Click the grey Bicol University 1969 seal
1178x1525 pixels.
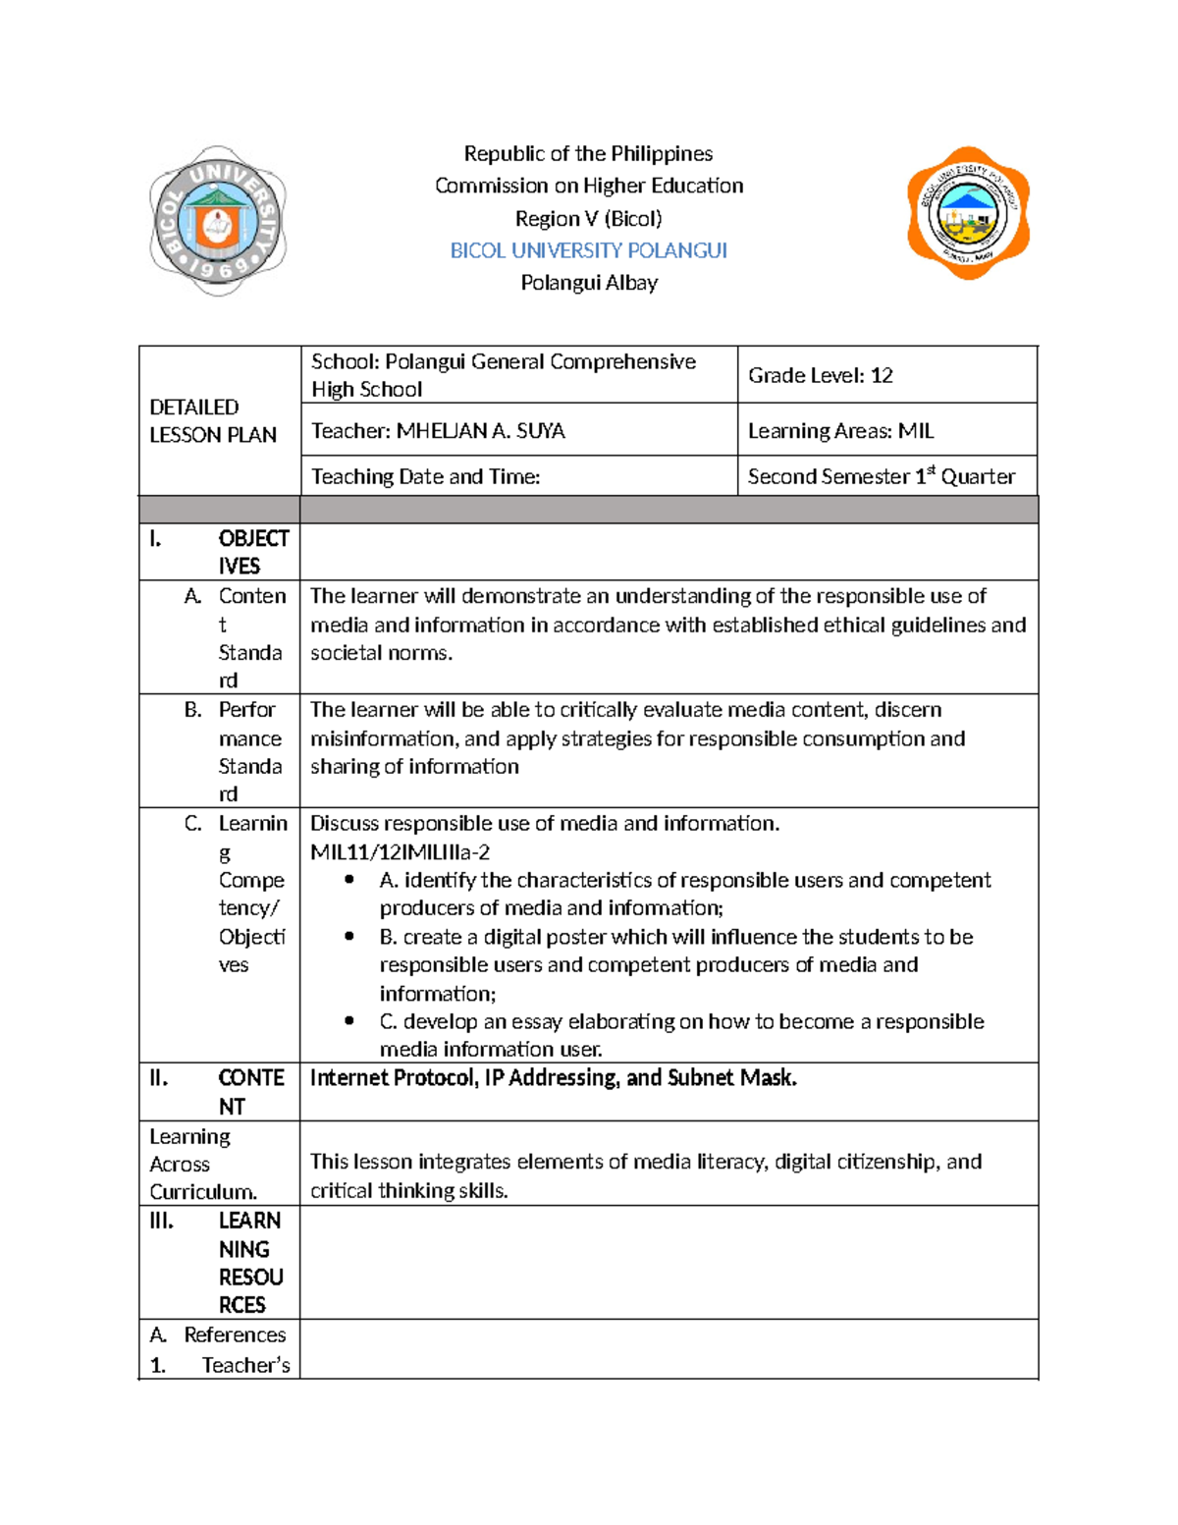point(217,221)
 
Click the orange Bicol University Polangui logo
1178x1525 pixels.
point(968,213)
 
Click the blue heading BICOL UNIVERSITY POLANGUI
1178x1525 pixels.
point(588,250)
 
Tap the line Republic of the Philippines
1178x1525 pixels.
point(588,154)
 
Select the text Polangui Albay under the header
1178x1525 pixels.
point(589,283)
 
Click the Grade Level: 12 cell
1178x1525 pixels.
point(820,375)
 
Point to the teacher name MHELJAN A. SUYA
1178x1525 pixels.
point(480,431)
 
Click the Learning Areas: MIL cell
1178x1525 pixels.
point(840,431)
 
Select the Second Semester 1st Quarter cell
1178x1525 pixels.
point(881,476)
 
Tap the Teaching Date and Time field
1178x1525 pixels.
point(425,476)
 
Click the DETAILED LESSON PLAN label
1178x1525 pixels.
point(212,420)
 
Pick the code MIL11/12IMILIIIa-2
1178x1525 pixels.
point(400,852)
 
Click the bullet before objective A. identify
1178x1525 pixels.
point(349,880)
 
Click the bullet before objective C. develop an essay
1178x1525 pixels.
point(349,1021)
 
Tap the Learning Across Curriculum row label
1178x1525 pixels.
point(202,1164)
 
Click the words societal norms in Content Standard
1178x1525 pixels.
point(381,653)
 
